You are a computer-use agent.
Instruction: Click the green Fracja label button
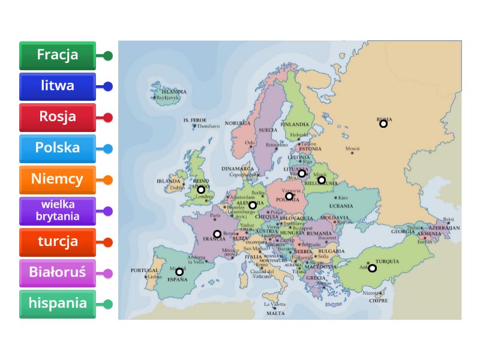pyautogui.click(x=58, y=55)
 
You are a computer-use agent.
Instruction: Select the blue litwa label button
pyautogui.click(x=58, y=86)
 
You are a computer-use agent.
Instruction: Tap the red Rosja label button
pyautogui.click(x=58, y=117)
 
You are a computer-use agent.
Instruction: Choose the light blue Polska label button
pyautogui.click(x=58, y=148)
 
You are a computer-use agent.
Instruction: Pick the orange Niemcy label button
pyautogui.click(x=58, y=179)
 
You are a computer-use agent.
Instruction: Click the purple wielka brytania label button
pyautogui.click(x=58, y=211)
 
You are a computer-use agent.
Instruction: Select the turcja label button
pyautogui.click(x=58, y=242)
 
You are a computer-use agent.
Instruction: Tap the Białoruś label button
pyautogui.click(x=58, y=272)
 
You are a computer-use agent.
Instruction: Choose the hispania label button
pyautogui.click(x=58, y=304)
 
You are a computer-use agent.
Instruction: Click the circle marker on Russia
pyautogui.click(x=383, y=124)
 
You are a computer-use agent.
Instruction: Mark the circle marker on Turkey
pyautogui.click(x=372, y=268)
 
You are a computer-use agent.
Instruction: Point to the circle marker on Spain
pyautogui.click(x=179, y=272)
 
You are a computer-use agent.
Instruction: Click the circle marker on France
pyautogui.click(x=217, y=234)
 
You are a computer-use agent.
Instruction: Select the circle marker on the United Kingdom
pyautogui.click(x=201, y=190)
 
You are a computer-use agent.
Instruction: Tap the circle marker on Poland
pyautogui.click(x=289, y=196)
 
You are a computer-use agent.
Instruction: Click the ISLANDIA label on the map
pyautogui.click(x=174, y=92)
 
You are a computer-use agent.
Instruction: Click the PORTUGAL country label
pyautogui.click(x=144, y=271)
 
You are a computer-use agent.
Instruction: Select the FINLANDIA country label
pyautogui.click(x=298, y=124)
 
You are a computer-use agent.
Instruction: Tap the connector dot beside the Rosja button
pyautogui.click(x=108, y=118)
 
